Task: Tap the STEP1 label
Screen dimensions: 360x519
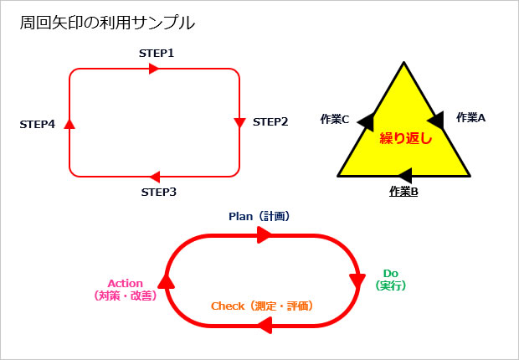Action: pyautogui.click(x=157, y=53)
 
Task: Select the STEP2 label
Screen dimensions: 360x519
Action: pyautogui.click(x=270, y=122)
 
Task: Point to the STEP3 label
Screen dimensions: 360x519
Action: pyautogui.click(x=158, y=192)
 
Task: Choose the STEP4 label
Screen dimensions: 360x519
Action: pyautogui.click(x=38, y=124)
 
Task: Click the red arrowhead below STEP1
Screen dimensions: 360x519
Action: pyautogui.click(x=153, y=69)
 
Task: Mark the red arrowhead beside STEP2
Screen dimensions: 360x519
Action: pyautogui.click(x=239, y=124)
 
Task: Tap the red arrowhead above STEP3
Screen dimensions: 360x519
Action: pyautogui.click(x=154, y=177)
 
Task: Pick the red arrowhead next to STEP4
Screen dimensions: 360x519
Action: pyautogui.click(x=69, y=124)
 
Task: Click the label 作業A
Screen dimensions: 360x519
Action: pyautogui.click(x=470, y=118)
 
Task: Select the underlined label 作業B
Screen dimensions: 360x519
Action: pyautogui.click(x=404, y=192)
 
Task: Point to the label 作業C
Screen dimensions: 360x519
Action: pyautogui.click(x=335, y=119)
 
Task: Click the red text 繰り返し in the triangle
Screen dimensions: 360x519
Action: pyautogui.click(x=405, y=138)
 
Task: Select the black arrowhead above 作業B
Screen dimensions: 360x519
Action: pyautogui.click(x=404, y=175)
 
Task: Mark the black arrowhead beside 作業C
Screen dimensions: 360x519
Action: pyautogui.click(x=366, y=122)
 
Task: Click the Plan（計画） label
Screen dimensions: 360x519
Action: pyautogui.click(x=259, y=216)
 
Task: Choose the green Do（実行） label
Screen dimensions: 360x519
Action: pyautogui.click(x=390, y=280)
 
